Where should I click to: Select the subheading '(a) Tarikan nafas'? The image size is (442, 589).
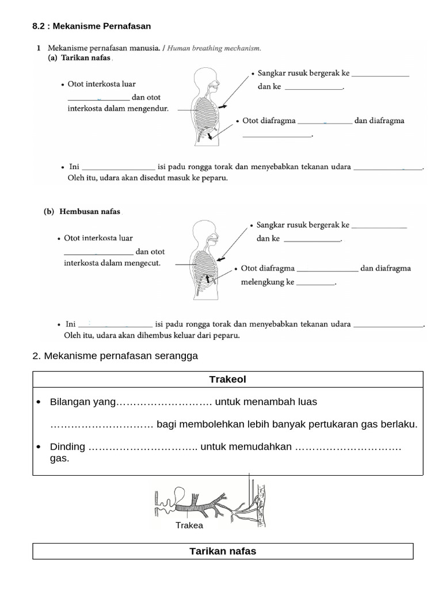pyautogui.click(x=80, y=59)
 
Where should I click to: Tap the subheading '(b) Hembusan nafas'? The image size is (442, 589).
pyautogui.click(x=83, y=211)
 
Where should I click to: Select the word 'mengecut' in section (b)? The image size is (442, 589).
pyautogui.click(x=144, y=263)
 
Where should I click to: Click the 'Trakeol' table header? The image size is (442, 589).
pyautogui.click(x=228, y=379)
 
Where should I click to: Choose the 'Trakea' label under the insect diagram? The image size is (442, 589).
pyautogui.click(x=189, y=525)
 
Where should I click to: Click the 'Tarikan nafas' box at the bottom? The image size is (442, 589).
pyautogui.click(x=223, y=551)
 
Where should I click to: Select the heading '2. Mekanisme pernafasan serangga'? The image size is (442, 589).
pyautogui.click(x=115, y=356)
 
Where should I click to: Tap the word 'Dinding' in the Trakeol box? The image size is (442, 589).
pyautogui.click(x=67, y=447)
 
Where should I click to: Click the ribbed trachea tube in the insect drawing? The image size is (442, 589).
pyautogui.click(x=193, y=507)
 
